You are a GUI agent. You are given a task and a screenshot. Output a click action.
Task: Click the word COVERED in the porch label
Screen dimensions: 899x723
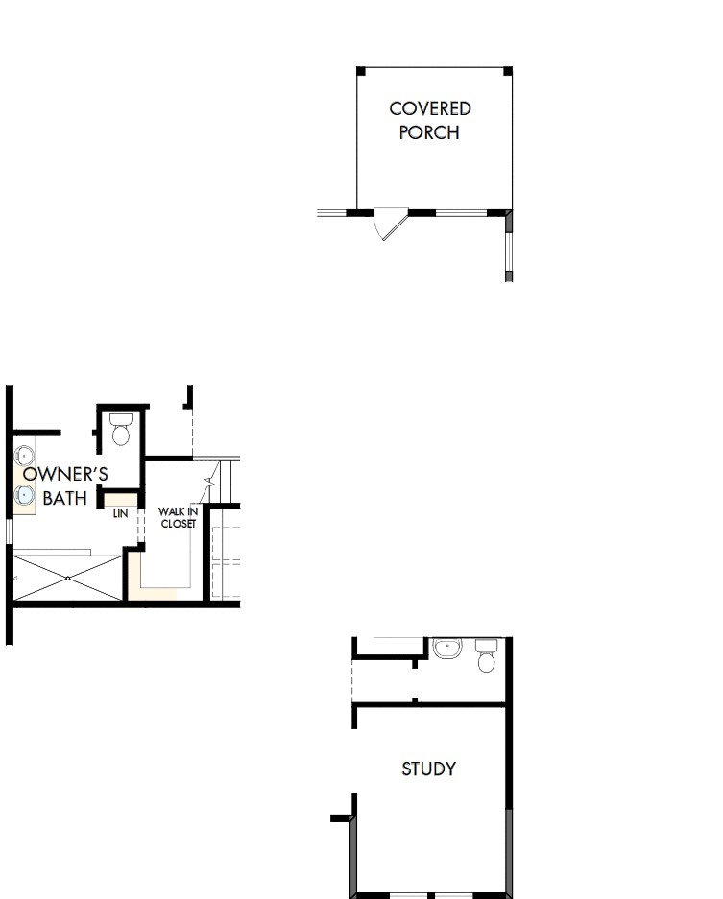pyautogui.click(x=429, y=109)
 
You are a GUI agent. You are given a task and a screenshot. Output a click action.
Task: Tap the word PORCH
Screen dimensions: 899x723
pyautogui.click(x=429, y=132)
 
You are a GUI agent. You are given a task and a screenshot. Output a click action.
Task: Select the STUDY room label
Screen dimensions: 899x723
pyautogui.click(x=428, y=769)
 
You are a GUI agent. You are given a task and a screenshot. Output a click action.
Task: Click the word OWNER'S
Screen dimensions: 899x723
pyautogui.click(x=65, y=474)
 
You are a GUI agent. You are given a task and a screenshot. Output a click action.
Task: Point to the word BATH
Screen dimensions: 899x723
pyautogui.click(x=64, y=498)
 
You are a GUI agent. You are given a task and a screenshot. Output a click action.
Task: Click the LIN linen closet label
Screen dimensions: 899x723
pyautogui.click(x=120, y=514)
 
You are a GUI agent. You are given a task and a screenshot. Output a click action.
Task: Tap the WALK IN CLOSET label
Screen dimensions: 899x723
pyautogui.click(x=178, y=517)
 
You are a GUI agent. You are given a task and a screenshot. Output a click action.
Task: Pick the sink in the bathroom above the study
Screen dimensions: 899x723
pyautogui.click(x=446, y=649)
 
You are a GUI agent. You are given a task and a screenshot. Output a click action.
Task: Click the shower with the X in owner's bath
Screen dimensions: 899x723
pyautogui.click(x=68, y=577)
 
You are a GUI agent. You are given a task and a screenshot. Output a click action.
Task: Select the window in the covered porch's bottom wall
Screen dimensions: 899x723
pyautogui.click(x=462, y=211)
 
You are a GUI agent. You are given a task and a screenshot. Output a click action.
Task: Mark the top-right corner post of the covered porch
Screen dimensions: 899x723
pyautogui.click(x=508, y=70)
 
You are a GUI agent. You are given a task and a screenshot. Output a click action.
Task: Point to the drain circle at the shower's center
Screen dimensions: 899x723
pyautogui.click(x=68, y=578)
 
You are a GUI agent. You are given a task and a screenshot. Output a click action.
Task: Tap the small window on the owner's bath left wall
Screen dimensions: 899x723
pyautogui.click(x=9, y=530)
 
